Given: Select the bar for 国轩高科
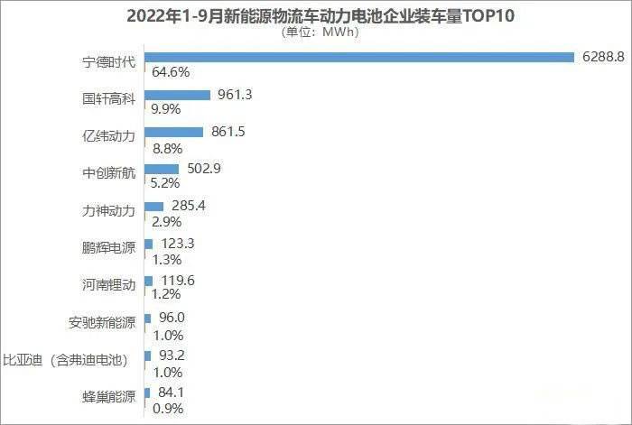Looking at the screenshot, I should coord(177,95).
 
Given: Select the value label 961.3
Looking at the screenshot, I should coord(234,93).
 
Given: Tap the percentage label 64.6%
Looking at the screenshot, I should coord(172,71).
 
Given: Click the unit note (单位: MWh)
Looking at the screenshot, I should coord(315,32).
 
